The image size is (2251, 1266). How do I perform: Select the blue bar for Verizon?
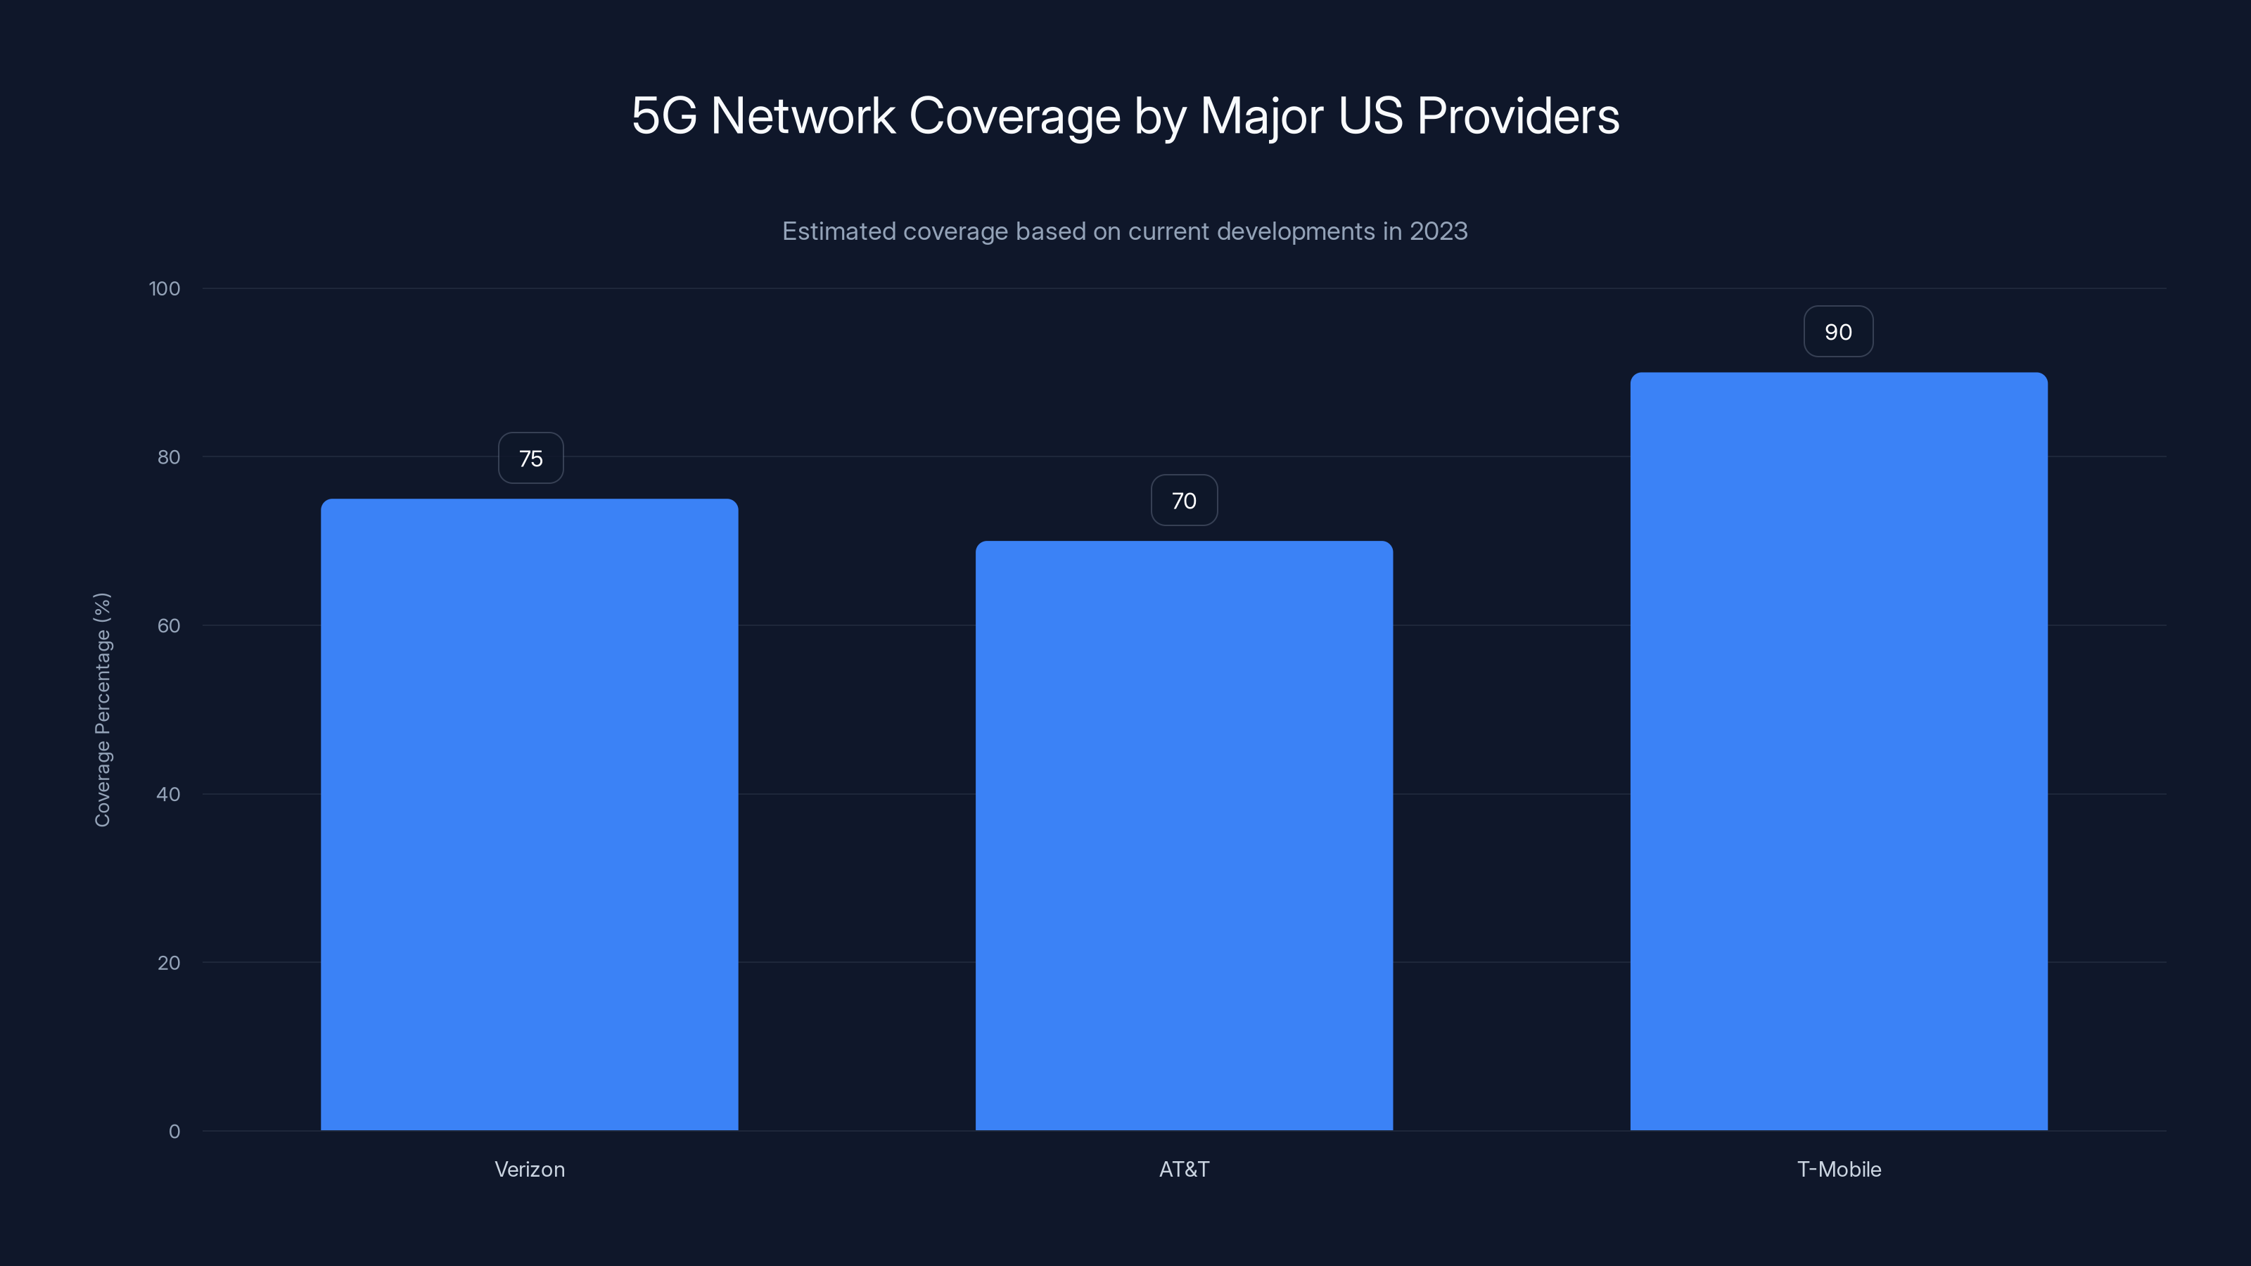click(530, 814)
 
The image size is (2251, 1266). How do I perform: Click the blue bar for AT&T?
click(1184, 836)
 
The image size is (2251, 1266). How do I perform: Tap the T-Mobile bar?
click(1839, 751)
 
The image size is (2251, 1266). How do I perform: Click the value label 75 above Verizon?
click(530, 458)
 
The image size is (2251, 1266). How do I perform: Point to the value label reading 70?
click(1184, 501)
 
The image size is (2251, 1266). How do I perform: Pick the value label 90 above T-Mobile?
click(1839, 332)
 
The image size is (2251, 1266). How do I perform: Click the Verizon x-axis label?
click(530, 1169)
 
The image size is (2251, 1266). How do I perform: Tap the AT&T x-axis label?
click(1184, 1169)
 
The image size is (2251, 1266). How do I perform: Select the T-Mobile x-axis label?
click(1839, 1169)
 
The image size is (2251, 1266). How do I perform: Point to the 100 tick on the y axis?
click(165, 288)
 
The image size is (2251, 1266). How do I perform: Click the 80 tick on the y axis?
click(169, 457)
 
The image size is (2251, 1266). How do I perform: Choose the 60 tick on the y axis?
click(169, 625)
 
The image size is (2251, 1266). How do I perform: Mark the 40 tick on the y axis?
click(169, 794)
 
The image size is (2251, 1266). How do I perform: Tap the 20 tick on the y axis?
click(169, 963)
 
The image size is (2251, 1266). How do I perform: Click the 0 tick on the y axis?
click(174, 1132)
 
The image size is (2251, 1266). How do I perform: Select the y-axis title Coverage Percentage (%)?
click(102, 710)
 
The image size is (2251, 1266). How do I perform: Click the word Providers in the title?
click(1518, 115)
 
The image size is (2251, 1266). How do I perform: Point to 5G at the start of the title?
click(664, 115)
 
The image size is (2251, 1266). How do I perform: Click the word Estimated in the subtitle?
click(838, 231)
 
